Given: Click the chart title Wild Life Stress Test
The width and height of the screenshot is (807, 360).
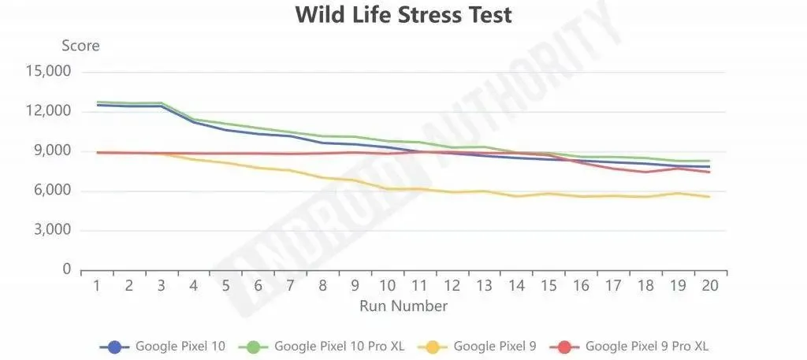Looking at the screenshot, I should (403, 14).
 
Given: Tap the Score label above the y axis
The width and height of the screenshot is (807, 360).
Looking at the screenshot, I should (81, 46).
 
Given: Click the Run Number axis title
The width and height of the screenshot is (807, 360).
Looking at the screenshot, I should (403, 306).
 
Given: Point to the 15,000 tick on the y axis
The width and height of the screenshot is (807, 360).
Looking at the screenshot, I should (49, 72).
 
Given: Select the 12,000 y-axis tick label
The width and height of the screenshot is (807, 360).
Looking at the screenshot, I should (49, 111).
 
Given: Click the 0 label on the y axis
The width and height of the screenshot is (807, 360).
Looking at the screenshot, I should (68, 270).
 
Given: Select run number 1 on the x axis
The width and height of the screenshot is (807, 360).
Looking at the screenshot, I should (97, 285).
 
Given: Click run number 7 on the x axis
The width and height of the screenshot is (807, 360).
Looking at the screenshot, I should (290, 285).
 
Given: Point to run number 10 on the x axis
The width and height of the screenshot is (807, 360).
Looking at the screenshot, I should (387, 285).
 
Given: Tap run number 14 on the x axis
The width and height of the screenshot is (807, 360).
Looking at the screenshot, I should (516, 285).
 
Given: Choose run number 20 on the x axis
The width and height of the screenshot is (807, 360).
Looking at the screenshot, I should (710, 285).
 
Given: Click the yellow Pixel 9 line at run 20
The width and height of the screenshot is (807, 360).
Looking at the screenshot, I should (710, 196).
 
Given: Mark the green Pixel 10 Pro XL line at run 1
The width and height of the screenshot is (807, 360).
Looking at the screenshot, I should (97, 102).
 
